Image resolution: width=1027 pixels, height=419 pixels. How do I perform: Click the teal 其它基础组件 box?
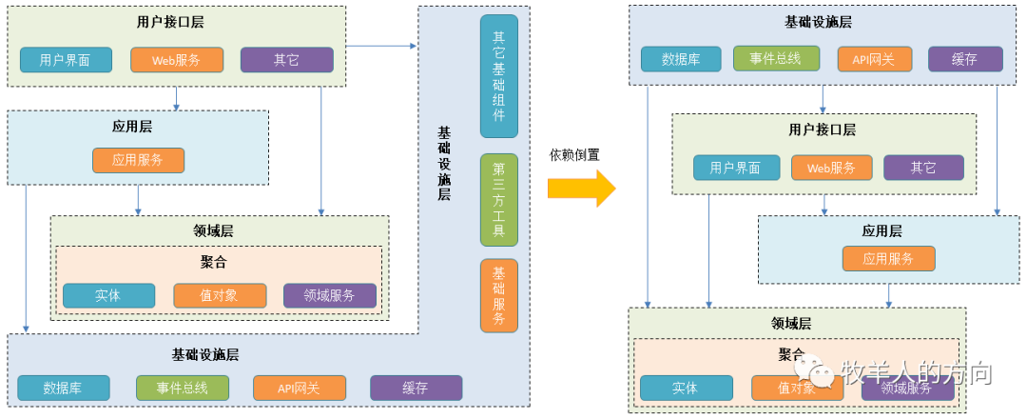coord(499,76)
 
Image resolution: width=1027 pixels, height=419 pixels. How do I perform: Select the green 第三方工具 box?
coord(499,200)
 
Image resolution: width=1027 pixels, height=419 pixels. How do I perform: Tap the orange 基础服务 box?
coord(499,295)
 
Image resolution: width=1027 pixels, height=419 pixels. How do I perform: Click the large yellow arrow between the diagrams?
coord(581,188)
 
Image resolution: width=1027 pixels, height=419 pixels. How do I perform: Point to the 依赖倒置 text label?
coord(574,155)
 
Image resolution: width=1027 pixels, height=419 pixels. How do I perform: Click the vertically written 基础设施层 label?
coord(444,163)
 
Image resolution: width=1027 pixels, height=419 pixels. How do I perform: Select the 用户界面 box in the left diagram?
coord(66,60)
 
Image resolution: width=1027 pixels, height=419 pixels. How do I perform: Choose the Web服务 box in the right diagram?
coord(831,168)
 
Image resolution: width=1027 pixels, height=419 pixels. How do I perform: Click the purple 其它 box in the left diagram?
coord(286,60)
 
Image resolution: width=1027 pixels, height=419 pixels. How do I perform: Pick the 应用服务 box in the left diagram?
coord(138,160)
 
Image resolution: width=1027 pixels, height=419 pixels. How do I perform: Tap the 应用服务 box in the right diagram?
coord(888,258)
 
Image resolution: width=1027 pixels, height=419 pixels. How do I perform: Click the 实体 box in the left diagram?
coord(108,295)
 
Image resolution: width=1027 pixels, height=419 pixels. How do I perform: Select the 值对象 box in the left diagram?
coord(220,295)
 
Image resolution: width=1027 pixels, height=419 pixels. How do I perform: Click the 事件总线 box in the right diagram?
coord(775,58)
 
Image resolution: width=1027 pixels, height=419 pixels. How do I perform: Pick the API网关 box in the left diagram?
coord(299,388)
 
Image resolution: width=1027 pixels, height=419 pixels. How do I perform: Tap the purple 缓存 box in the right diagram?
coord(964,59)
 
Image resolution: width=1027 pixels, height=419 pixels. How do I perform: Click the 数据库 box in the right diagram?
coord(680,59)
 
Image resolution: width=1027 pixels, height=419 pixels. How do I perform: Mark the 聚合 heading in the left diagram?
coord(214,262)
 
